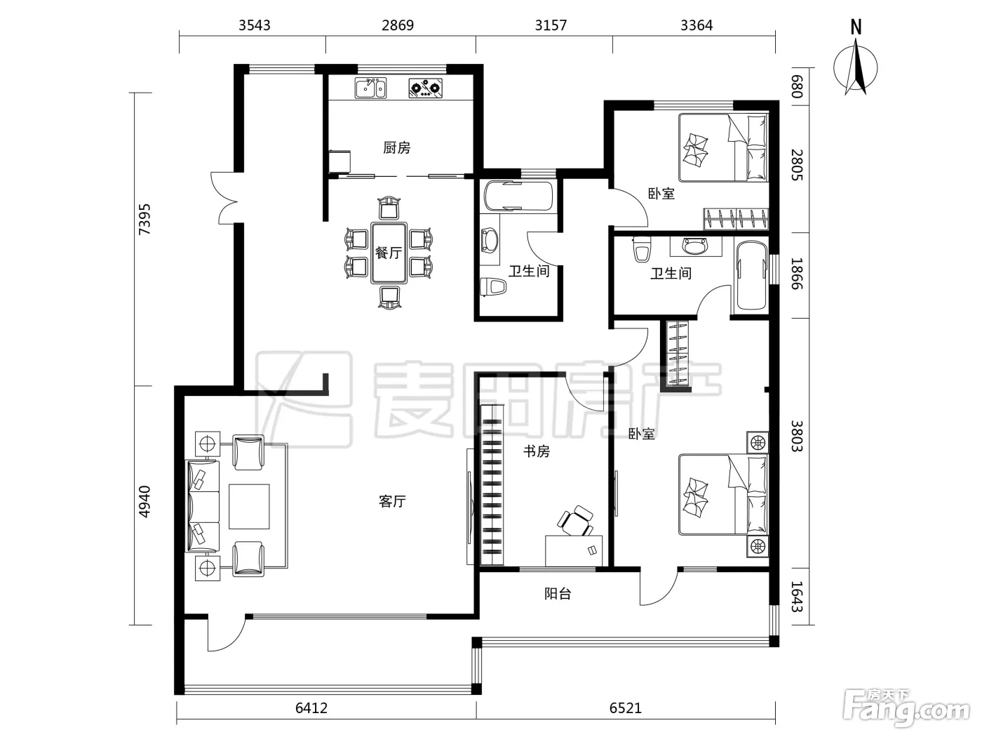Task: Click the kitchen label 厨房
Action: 396,147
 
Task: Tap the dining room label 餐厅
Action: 389,253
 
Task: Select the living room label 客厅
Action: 392,501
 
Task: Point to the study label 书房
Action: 537,451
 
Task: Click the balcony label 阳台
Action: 558,594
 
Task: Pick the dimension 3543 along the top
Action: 254,25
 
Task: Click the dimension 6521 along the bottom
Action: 626,708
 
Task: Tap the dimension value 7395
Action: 144,219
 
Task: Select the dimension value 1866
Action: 798,274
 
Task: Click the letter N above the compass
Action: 856,27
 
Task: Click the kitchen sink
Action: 370,88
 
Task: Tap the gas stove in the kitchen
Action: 426,88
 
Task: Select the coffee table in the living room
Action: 249,507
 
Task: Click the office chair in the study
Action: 576,520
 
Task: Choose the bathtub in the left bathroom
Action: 518,196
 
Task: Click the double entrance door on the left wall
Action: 226,198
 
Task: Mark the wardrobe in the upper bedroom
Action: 736,219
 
